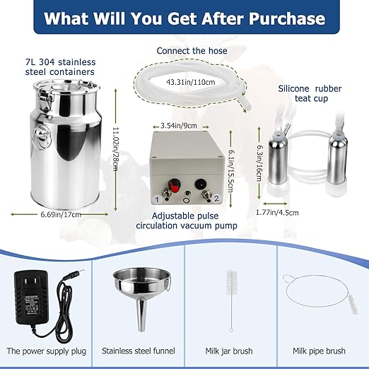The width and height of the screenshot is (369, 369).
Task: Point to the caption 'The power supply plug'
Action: click(46, 349)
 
